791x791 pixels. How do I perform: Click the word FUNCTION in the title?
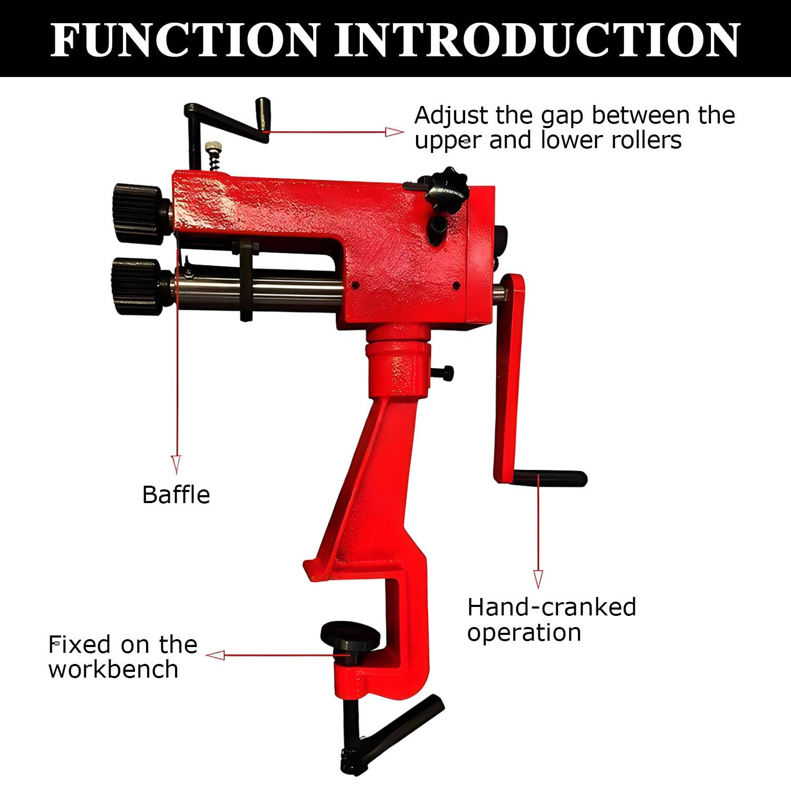[184, 40]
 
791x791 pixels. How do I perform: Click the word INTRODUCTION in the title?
[537, 40]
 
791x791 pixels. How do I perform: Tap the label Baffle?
[176, 495]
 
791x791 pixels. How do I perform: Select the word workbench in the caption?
[113, 669]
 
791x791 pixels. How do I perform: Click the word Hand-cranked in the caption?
[552, 607]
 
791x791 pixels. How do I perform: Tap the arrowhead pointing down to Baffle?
[176, 465]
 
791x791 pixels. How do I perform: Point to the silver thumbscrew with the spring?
[214, 155]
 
